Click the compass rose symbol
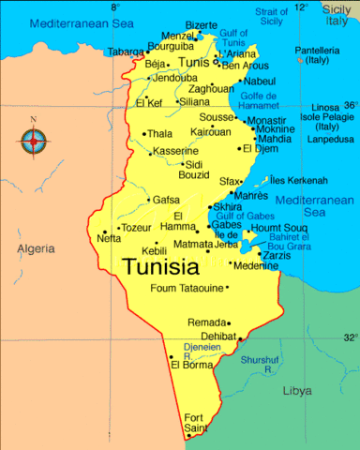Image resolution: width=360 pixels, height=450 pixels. (x=35, y=142)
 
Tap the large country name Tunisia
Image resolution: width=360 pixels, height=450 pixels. (x=162, y=266)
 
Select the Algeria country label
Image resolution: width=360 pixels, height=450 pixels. (x=36, y=248)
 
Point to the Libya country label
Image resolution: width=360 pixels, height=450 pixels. (x=297, y=390)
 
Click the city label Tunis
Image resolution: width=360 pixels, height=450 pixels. (x=194, y=62)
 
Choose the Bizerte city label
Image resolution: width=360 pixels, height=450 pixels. (x=201, y=25)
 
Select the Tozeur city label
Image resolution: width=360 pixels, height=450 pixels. (x=136, y=228)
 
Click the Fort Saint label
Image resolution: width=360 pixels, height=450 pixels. (x=195, y=423)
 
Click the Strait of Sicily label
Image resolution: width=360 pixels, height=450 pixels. (x=272, y=15)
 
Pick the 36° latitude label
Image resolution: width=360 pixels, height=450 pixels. (x=350, y=105)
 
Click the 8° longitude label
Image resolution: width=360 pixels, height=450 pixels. (x=114, y=7)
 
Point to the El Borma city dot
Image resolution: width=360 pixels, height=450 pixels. (x=171, y=356)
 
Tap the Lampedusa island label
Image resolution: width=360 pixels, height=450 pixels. (x=330, y=139)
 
